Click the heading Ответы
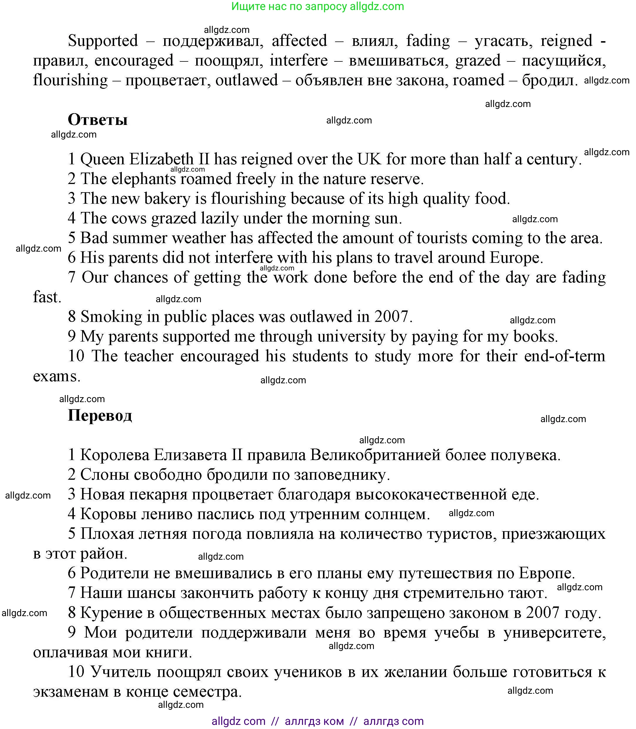coord(98,120)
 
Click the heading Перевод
coord(100,415)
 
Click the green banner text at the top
coord(317,6)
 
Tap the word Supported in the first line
coord(103,41)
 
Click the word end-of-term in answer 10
coord(564,356)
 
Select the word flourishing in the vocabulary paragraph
coord(70,81)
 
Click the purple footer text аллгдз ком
coord(314,721)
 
